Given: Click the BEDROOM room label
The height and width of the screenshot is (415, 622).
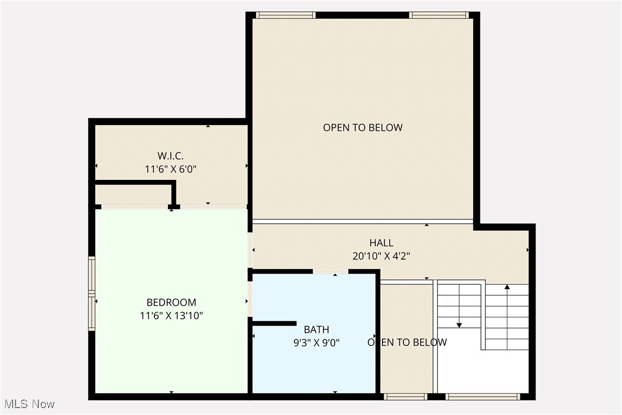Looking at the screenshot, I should click(171, 302).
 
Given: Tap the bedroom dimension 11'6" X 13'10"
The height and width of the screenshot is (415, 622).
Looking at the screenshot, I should click(171, 315).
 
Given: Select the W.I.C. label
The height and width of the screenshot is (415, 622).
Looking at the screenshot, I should click(171, 155).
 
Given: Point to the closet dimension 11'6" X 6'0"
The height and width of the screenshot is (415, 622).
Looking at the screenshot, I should click(171, 169).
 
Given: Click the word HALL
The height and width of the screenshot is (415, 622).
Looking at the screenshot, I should click(381, 243).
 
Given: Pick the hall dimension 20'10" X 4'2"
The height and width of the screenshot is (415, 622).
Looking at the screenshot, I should click(381, 256).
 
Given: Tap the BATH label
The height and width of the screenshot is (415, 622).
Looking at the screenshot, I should click(316, 329).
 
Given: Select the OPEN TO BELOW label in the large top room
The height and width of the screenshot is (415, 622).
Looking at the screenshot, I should click(363, 127).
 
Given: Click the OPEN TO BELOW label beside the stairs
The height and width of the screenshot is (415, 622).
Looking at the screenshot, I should click(407, 342).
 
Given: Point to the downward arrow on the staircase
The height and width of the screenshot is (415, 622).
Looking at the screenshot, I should click(459, 324).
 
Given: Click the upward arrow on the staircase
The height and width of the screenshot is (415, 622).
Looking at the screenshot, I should click(507, 287).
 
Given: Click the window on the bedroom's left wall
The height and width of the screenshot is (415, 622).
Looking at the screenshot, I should click(91, 293).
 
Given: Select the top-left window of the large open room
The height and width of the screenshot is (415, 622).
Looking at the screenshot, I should click(285, 15).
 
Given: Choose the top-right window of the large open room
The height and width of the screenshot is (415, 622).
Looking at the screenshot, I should click(439, 15).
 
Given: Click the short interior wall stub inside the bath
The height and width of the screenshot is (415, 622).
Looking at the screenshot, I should click(274, 324).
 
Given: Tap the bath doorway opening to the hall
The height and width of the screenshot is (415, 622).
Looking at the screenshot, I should click(330, 271).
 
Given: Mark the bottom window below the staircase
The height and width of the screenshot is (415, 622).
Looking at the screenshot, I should click(482, 396).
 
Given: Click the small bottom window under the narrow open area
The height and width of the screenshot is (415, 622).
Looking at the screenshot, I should click(406, 396).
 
